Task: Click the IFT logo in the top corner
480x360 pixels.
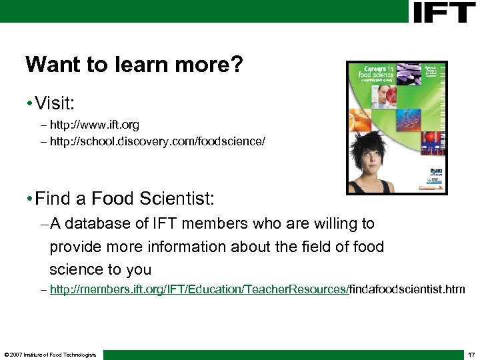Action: pyautogui.click(x=444, y=12)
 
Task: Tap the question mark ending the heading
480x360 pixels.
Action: pyautogui.click(x=237, y=65)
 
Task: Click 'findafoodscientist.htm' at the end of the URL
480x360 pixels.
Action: pyautogui.click(x=407, y=289)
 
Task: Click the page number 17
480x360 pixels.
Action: pyautogui.click(x=471, y=354)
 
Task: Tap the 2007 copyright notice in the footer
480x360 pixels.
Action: pyautogui.click(x=49, y=354)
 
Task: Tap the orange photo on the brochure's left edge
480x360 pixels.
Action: pyautogui.click(x=357, y=121)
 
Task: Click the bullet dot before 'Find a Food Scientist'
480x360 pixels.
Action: pyautogui.click(x=29, y=198)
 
